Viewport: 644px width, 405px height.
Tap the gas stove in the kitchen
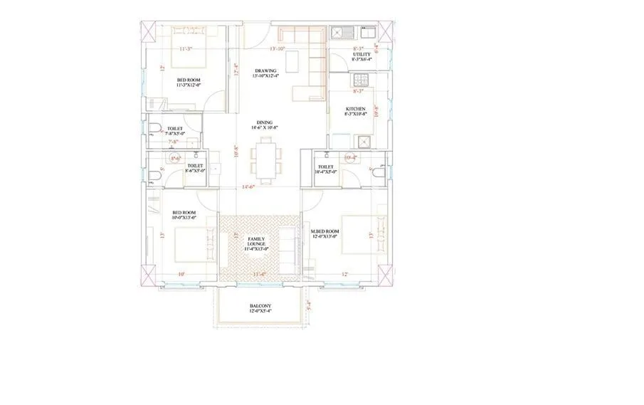pos(366,140)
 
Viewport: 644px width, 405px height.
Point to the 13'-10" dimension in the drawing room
pos(277,49)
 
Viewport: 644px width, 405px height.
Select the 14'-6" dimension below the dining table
pos(248,187)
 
